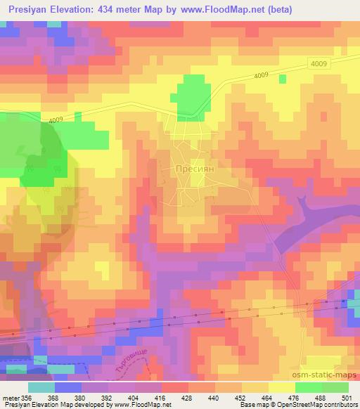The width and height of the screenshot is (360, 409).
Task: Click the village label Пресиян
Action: [x=190, y=169]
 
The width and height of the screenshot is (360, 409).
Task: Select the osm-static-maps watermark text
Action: [x=327, y=373]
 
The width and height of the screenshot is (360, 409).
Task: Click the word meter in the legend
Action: [x=10, y=398]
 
